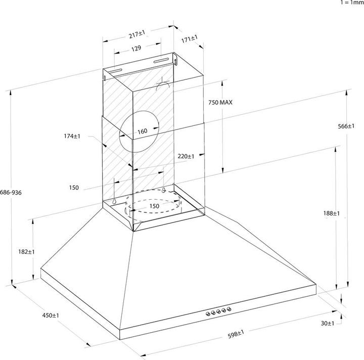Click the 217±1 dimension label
(x=137, y=35)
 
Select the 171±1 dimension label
(x=189, y=38)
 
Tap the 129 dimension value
(x=136, y=49)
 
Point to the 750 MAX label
(x=220, y=102)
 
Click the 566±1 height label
(x=346, y=126)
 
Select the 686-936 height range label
(x=11, y=193)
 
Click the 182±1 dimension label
(x=26, y=251)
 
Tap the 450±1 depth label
(x=51, y=316)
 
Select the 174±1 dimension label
(x=73, y=136)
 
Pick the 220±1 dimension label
(x=186, y=156)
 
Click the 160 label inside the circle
(x=142, y=131)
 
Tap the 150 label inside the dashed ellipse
(x=154, y=206)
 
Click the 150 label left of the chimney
(x=74, y=188)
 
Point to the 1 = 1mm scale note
(x=351, y=3)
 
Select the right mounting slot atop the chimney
(x=161, y=61)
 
